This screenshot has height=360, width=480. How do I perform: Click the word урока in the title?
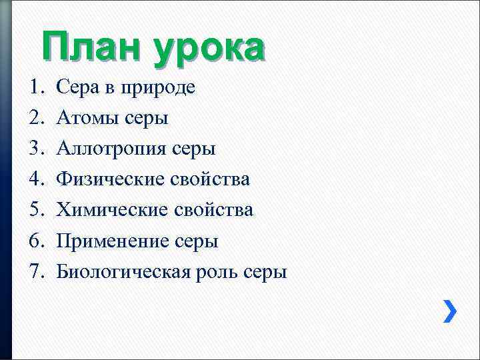click(208, 49)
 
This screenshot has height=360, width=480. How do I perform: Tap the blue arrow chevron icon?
click(450, 311)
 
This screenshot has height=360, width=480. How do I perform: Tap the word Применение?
click(111, 241)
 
